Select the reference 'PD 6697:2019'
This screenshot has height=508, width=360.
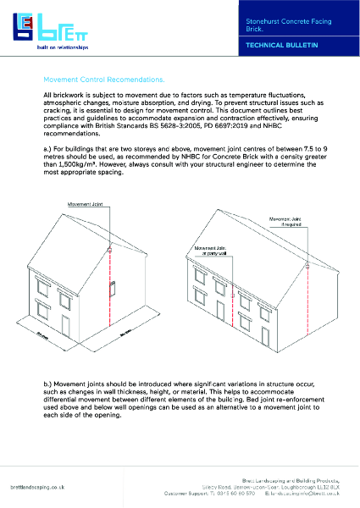[225, 127]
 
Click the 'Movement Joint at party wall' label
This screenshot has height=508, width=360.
[207, 251]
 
